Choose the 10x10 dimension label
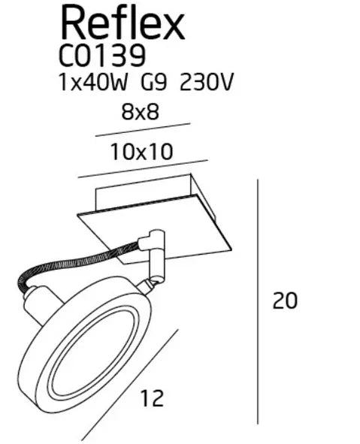(141, 152)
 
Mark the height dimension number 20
(285, 301)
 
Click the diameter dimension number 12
(151, 398)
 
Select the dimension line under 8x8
(143, 129)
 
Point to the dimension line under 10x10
(142, 168)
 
